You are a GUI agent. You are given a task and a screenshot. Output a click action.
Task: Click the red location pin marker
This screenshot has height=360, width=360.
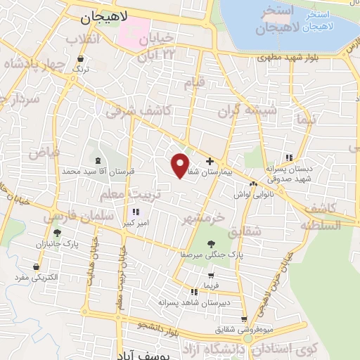pos(181,165)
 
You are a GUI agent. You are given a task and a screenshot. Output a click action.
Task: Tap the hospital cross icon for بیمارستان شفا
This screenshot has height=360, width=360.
pos(210,161)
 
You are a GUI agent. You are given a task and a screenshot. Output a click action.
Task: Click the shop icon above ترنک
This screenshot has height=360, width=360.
pos(83,58)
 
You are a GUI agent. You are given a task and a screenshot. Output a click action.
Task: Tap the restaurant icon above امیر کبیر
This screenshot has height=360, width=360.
pos(135,211)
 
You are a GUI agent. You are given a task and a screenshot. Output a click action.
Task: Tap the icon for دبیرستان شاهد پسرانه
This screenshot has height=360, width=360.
pos(193,291)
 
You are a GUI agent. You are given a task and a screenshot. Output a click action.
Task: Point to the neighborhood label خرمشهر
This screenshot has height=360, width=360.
pos(203,218)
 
